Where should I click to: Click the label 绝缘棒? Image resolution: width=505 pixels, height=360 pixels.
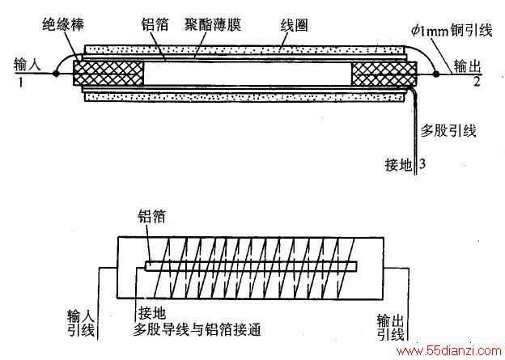pyautogui.click(x=63, y=25)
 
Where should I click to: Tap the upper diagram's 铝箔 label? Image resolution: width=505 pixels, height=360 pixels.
pyautogui.click(x=155, y=25)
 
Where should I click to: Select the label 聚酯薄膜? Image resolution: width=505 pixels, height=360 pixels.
pyautogui.click(x=213, y=24)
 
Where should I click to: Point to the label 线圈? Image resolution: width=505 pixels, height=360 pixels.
pyautogui.click(x=294, y=25)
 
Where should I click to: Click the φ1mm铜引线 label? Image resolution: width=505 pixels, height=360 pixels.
pyautogui.click(x=452, y=31)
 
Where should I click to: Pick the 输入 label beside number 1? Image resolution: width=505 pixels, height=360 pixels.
pyautogui.click(x=28, y=65)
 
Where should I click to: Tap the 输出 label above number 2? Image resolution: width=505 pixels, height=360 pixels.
pyautogui.click(x=468, y=66)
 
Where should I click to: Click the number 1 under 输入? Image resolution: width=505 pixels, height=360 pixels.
pyautogui.click(x=21, y=83)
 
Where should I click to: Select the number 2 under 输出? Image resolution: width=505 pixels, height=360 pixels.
pyautogui.click(x=477, y=82)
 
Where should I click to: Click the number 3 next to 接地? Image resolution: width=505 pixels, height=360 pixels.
pyautogui.click(x=422, y=163)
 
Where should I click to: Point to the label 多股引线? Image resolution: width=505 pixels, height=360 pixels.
pyautogui.click(x=448, y=131)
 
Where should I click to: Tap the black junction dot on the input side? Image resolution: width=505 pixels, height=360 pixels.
pyautogui.click(x=56, y=74)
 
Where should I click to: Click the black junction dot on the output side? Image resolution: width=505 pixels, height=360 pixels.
pyautogui.click(x=436, y=74)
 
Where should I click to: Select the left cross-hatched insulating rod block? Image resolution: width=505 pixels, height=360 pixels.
pyautogui.click(x=108, y=74)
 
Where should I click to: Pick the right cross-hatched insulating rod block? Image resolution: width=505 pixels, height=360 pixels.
pyautogui.click(x=384, y=74)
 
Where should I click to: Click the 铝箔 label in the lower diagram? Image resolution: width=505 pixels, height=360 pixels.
pyautogui.click(x=151, y=217)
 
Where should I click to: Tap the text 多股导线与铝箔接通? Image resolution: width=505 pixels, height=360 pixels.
pyautogui.click(x=197, y=329)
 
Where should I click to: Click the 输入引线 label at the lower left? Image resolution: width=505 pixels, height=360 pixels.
pyautogui.click(x=81, y=323)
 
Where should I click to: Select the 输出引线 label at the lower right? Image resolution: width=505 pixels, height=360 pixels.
pyautogui.click(x=391, y=327)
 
